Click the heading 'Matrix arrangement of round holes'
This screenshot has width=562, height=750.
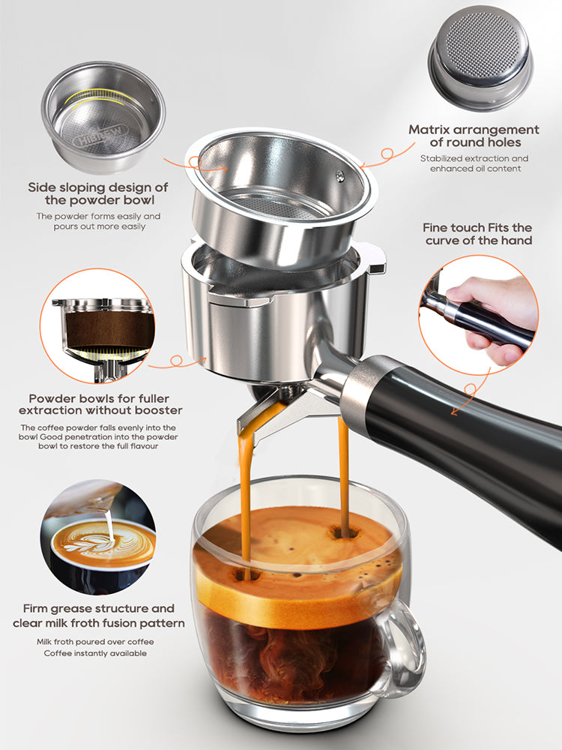click(474, 136)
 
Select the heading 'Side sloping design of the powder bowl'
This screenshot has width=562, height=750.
click(97, 193)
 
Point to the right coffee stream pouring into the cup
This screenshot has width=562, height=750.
click(343, 472)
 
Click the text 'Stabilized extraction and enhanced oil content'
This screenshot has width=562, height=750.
click(474, 163)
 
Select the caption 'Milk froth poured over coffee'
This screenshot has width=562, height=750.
click(94, 642)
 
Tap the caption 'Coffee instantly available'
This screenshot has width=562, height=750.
click(94, 653)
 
